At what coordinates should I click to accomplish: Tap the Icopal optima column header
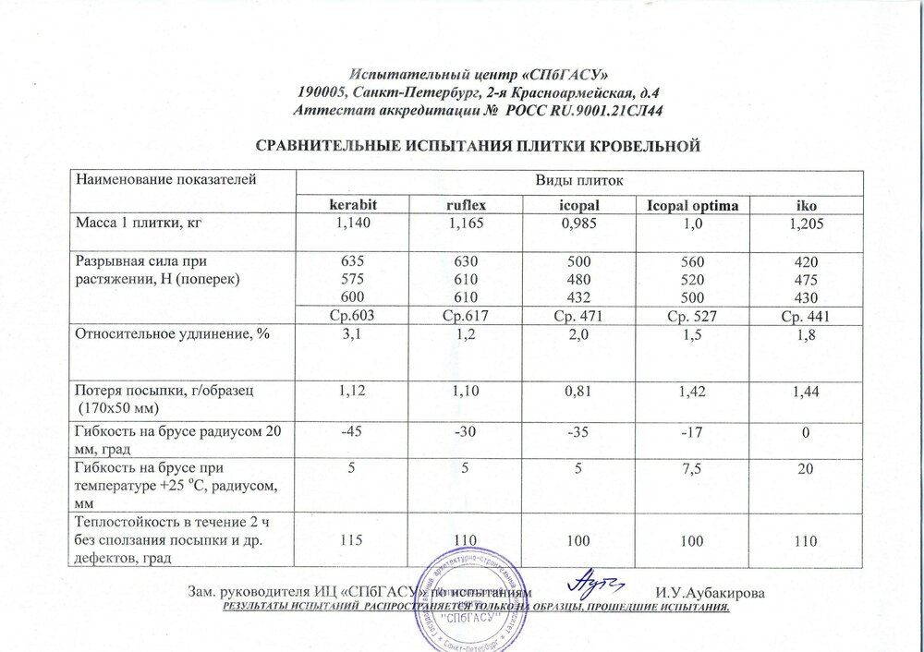699,203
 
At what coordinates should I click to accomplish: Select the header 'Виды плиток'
580,179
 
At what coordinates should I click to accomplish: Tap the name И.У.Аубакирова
709,592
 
